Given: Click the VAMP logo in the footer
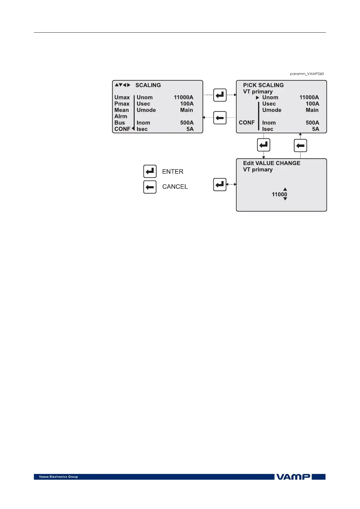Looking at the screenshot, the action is click(x=293, y=477).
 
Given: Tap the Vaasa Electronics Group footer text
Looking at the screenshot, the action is click(x=58, y=477).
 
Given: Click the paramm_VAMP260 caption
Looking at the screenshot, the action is click(x=307, y=74).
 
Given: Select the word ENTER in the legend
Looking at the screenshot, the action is click(x=173, y=172).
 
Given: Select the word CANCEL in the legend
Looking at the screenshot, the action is click(x=175, y=187).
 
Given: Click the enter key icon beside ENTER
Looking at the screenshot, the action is click(x=150, y=171).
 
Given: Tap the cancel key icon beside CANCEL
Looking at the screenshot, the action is click(x=150, y=187).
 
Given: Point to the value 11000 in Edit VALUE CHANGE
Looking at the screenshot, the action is click(x=279, y=194).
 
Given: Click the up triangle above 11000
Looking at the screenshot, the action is click(x=285, y=189).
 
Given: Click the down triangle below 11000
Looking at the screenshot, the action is click(x=285, y=199).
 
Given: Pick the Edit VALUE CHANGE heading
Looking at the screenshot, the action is click(x=272, y=163).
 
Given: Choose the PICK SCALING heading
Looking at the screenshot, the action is click(x=263, y=85).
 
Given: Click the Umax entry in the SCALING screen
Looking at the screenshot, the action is click(x=122, y=97).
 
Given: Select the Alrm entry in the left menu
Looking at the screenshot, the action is click(x=121, y=116).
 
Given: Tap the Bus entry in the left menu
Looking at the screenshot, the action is click(x=119, y=123).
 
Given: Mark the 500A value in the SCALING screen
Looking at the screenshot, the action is click(x=187, y=123).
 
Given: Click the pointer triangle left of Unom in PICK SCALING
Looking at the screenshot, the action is click(x=257, y=98).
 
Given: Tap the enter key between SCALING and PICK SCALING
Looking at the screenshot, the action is click(x=220, y=95).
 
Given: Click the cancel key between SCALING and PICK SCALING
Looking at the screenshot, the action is click(x=220, y=118).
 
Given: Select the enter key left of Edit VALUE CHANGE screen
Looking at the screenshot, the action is click(x=220, y=184).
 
